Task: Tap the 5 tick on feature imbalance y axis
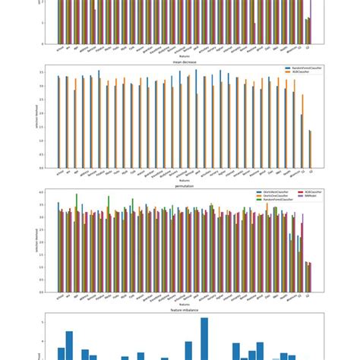51,321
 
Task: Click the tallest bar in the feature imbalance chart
204,338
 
